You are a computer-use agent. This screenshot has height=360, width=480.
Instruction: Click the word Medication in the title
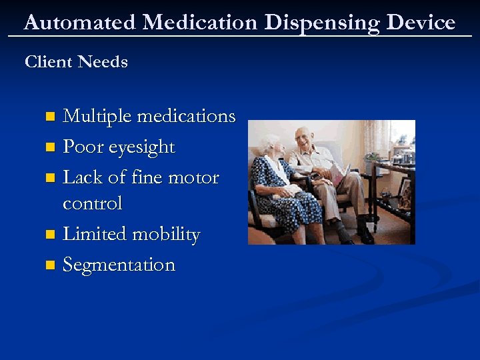[199, 23]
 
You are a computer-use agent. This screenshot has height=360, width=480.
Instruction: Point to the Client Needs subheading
[76, 62]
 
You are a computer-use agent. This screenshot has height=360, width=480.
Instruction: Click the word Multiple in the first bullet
[97, 117]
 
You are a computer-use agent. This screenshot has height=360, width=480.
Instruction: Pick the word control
[92, 203]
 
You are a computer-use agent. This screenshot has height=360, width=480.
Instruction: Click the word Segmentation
[119, 265]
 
